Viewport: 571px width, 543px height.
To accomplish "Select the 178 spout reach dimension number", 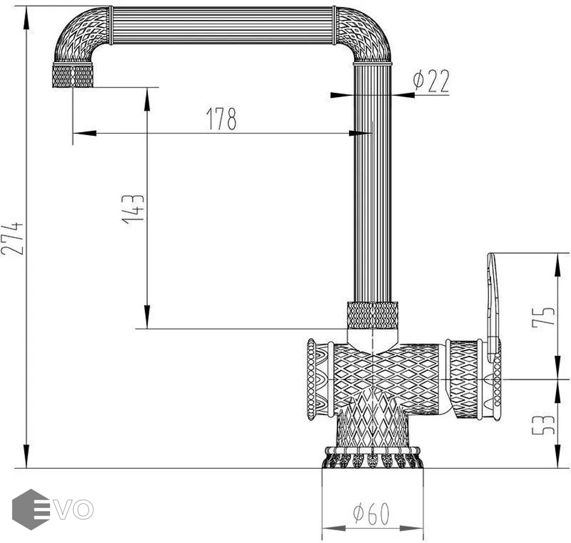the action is point(221,119).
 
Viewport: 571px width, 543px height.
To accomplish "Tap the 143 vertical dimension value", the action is point(133,209).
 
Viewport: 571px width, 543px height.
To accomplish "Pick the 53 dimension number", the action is point(543,424).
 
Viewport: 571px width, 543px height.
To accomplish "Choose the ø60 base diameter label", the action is point(371,513).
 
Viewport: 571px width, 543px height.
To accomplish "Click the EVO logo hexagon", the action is point(31,509).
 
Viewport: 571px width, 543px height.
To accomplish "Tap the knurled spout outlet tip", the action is point(73,75).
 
